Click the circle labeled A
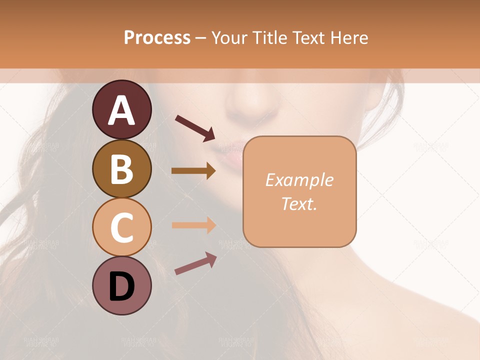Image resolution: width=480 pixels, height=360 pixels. [121, 109]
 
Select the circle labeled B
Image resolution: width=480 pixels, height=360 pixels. [121, 168]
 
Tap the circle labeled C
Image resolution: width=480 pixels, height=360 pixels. [121, 227]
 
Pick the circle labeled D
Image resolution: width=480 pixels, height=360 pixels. [121, 285]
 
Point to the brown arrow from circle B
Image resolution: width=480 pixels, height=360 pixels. [193, 171]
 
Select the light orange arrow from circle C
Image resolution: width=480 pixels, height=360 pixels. [193, 225]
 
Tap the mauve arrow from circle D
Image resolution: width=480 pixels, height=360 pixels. [195, 263]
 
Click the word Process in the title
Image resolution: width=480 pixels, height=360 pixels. [157, 37]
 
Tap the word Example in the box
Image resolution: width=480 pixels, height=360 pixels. [299, 180]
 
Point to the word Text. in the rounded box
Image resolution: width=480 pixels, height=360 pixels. [299, 203]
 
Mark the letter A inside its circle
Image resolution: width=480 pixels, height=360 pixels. [121, 110]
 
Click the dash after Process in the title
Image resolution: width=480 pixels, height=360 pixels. [201, 38]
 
